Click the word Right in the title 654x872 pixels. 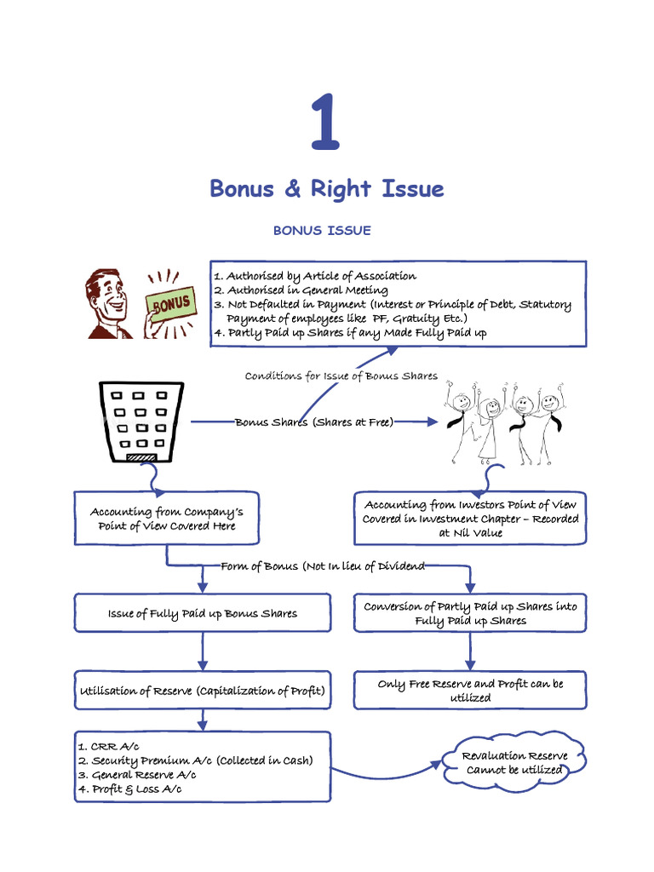[347, 188]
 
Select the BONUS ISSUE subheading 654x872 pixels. [322, 231]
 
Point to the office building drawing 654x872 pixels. [141, 422]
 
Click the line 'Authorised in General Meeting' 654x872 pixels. [307, 290]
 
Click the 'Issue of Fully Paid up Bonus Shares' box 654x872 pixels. [203, 613]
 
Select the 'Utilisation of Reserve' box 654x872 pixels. [203, 691]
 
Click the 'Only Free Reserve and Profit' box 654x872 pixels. [470, 690]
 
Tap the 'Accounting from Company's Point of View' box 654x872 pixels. [167, 519]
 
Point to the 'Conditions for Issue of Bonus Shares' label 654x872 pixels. [341, 376]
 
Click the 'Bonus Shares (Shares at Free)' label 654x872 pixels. [314, 422]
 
